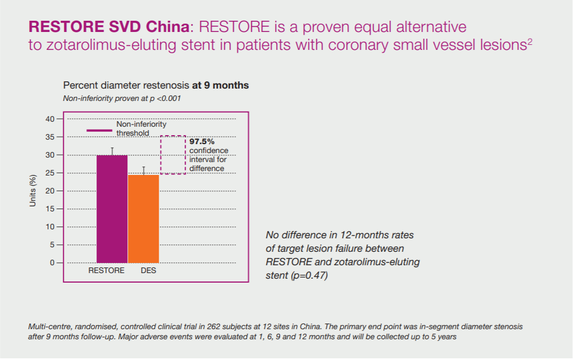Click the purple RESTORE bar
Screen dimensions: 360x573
click(x=112, y=209)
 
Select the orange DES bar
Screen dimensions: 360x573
click(x=143, y=219)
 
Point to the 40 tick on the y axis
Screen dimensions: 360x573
click(x=51, y=119)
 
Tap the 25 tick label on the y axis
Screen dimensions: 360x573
click(x=51, y=173)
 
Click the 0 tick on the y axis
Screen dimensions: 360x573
click(x=52, y=262)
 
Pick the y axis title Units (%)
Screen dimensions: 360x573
click(x=33, y=191)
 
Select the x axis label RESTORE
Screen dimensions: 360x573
click(x=106, y=271)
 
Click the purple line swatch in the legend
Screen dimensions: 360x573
click(x=100, y=131)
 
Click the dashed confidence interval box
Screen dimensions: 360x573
click(x=173, y=155)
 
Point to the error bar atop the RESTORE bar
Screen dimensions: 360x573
click(x=112, y=151)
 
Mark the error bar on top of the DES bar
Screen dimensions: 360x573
click(x=144, y=170)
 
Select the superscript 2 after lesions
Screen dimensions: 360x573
click(x=530, y=41)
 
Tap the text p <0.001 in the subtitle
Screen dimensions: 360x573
click(x=166, y=98)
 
